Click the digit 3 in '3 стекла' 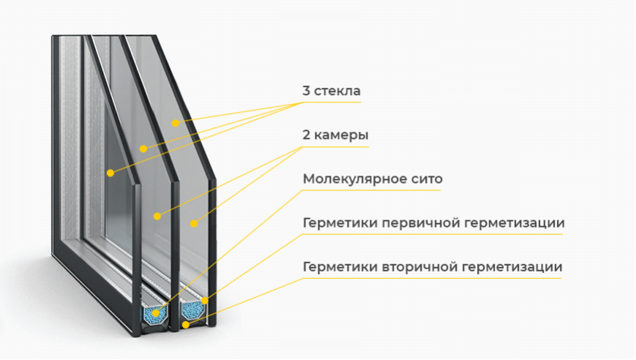point(306,91)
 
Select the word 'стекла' point(337,91)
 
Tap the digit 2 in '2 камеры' point(306,135)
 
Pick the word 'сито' point(430,179)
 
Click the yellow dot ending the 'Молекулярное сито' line point(155,313)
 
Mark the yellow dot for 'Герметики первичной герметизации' point(204,301)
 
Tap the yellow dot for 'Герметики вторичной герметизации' point(185,325)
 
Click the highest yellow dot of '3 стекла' point(175,123)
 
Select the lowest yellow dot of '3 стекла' point(111,173)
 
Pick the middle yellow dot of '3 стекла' point(143,149)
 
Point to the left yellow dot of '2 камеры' point(157,217)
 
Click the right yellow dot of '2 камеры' point(194,223)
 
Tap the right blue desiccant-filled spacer point(192,310)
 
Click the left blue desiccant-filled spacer point(155,313)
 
